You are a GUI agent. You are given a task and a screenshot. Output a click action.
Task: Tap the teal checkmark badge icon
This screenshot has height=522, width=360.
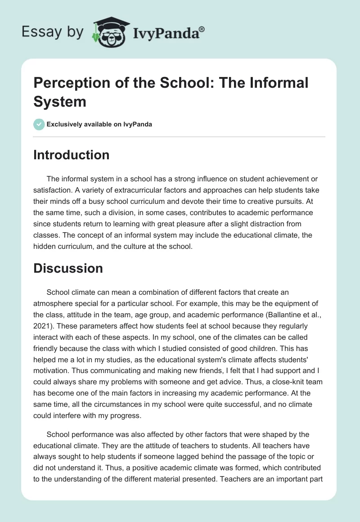click(x=40, y=124)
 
